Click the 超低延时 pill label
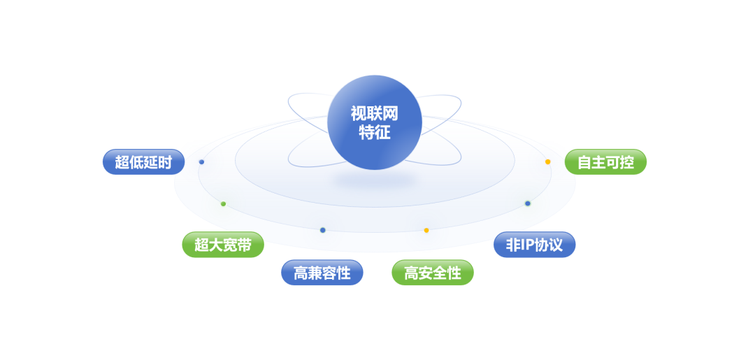[x=143, y=162]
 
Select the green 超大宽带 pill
[x=223, y=245]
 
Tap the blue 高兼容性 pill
[x=322, y=273]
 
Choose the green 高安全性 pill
[x=432, y=273]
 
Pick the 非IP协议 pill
[x=534, y=245]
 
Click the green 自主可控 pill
[x=605, y=162]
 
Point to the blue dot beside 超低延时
[x=201, y=161]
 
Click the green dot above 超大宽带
[x=223, y=204]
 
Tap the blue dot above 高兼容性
[x=322, y=230]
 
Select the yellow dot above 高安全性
[x=426, y=230]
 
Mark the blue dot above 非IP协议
[x=528, y=203]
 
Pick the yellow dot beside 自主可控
[x=548, y=161]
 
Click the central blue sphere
[x=375, y=122]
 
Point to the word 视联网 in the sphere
[x=375, y=113]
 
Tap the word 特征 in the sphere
[x=375, y=132]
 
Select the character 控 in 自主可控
[x=627, y=162]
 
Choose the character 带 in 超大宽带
[x=244, y=245]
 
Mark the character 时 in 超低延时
[x=165, y=162]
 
